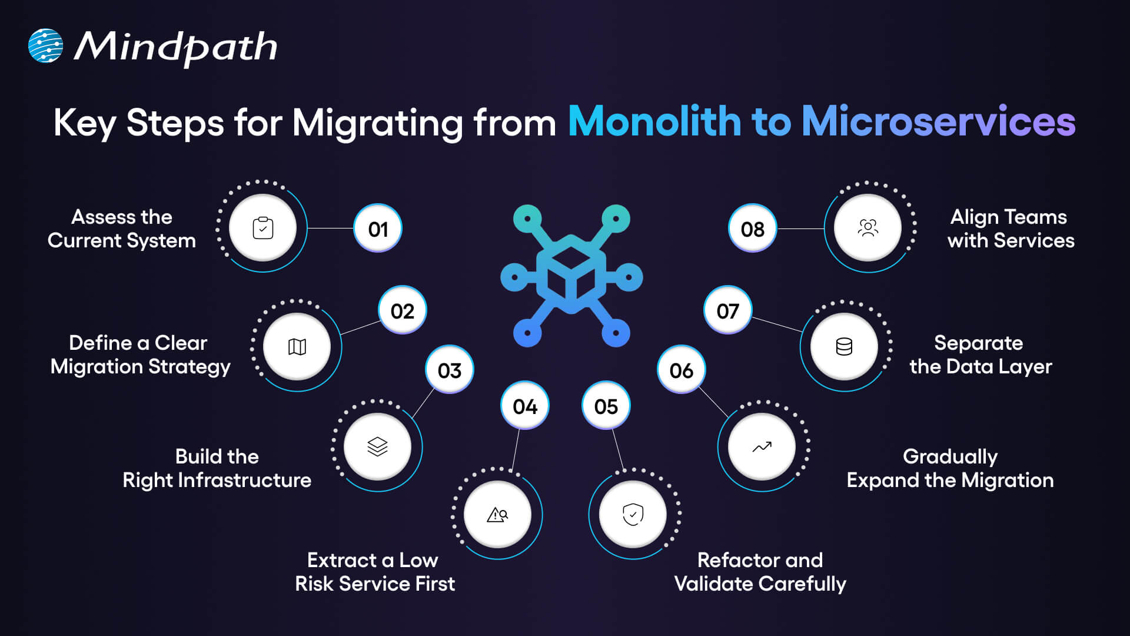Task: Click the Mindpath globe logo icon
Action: [45, 46]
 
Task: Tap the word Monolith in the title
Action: [654, 122]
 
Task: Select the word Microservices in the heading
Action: [938, 122]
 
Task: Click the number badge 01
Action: [378, 228]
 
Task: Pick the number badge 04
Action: [524, 406]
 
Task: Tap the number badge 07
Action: [727, 310]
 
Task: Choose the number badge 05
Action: [606, 406]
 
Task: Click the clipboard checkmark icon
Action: [262, 228]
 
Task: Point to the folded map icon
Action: [297, 347]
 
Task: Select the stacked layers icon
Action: [377, 446]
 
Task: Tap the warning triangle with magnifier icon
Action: [497, 515]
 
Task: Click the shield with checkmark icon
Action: [633, 514]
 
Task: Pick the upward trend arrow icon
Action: [762, 447]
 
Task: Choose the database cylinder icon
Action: [844, 347]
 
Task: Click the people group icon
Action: [868, 228]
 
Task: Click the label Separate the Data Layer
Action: [980, 355]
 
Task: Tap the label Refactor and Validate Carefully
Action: [760, 572]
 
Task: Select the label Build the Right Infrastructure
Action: [217, 468]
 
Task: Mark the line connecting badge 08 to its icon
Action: [800, 228]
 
